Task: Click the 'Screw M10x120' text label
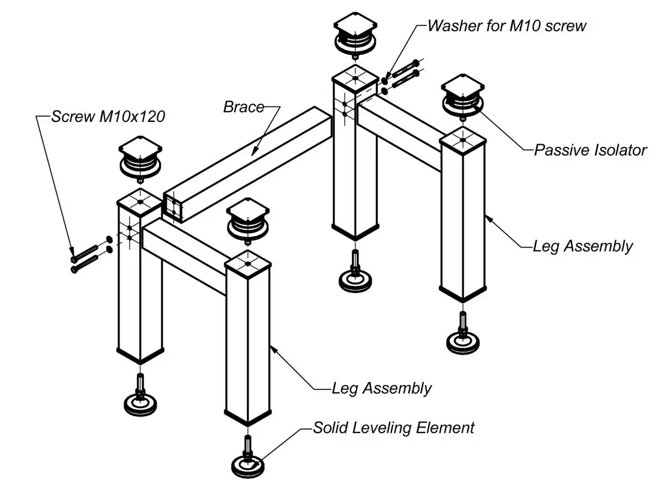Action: pyautogui.click(x=107, y=117)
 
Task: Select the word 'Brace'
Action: pyautogui.click(x=243, y=107)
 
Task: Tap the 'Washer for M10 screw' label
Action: pyautogui.click(x=506, y=26)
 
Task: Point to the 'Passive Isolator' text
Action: pyautogui.click(x=590, y=150)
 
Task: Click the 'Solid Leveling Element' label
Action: pyautogui.click(x=394, y=428)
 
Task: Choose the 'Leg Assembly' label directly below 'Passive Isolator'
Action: pyautogui.click(x=582, y=246)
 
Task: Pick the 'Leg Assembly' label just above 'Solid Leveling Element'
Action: pyautogui.click(x=381, y=388)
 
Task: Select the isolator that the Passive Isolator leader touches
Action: pyautogui.click(x=462, y=99)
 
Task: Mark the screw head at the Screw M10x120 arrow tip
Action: pyautogui.click(x=74, y=259)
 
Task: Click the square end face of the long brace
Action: pyautogui.click(x=173, y=208)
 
